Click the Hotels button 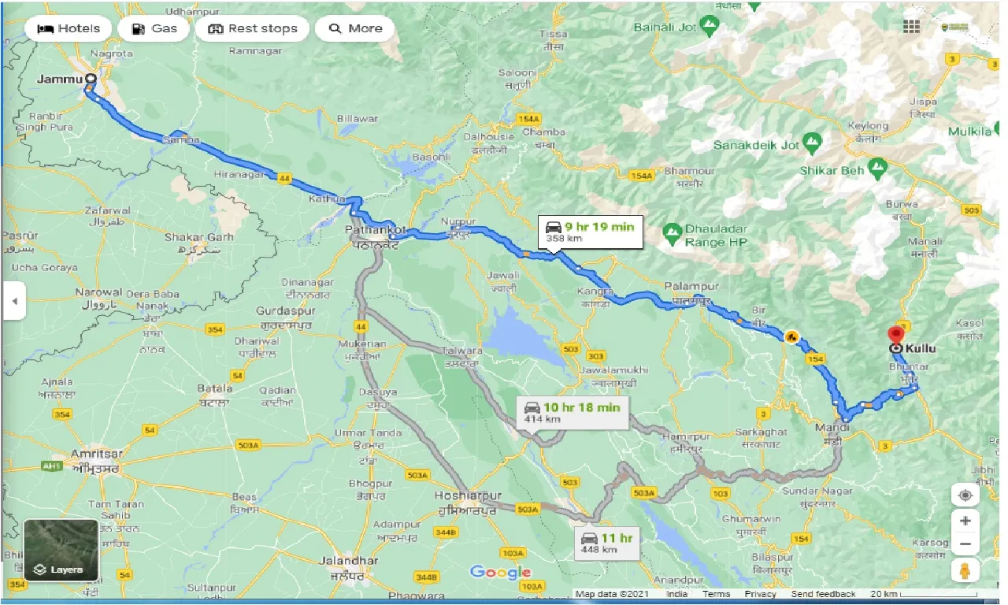(70, 28)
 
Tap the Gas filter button (154, 28)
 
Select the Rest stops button (252, 28)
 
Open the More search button (354, 28)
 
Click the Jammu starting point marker (91, 79)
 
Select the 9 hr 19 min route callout (591, 232)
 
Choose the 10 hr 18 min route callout (573, 412)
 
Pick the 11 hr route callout (607, 543)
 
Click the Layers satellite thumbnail (61, 549)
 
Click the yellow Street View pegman (965, 570)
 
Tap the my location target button (965, 495)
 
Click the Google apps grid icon (911, 27)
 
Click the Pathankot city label (376, 230)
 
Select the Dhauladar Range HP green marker (671, 231)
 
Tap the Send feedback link (824, 594)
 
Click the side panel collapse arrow (13, 301)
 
